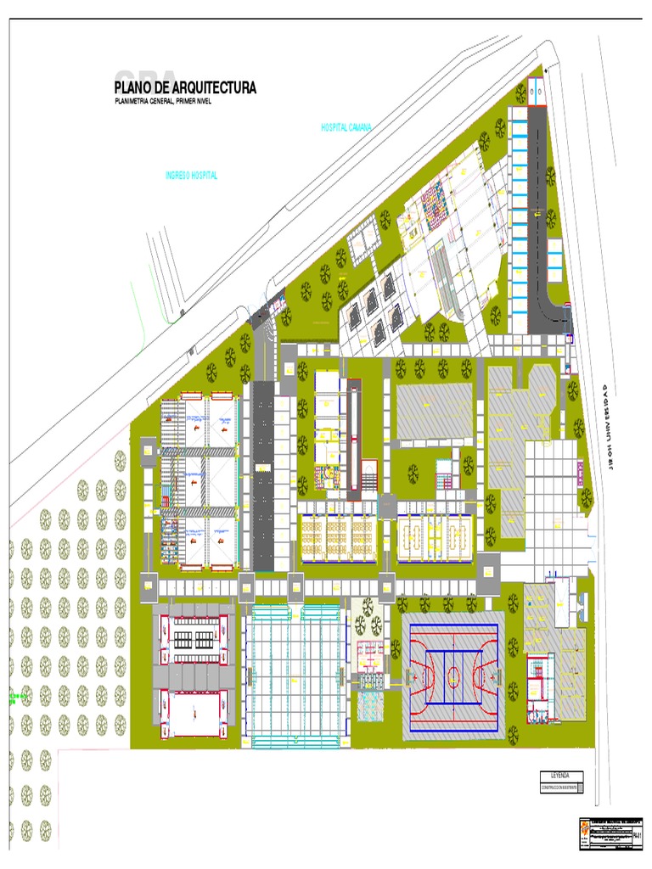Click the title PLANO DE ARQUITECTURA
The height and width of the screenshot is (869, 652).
[x=184, y=87]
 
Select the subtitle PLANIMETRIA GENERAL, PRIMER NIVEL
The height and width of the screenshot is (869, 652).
[x=161, y=102]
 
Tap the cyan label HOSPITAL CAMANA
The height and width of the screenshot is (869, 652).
[x=346, y=127]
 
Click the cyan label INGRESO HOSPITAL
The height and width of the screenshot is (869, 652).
[x=191, y=176]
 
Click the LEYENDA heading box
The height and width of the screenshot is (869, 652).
[x=562, y=776]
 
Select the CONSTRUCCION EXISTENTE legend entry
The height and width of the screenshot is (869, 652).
[x=562, y=788]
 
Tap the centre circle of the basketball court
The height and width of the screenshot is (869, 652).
[x=452, y=676]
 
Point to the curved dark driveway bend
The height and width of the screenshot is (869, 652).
[x=552, y=311]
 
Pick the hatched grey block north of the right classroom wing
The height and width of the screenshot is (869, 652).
[x=434, y=412]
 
